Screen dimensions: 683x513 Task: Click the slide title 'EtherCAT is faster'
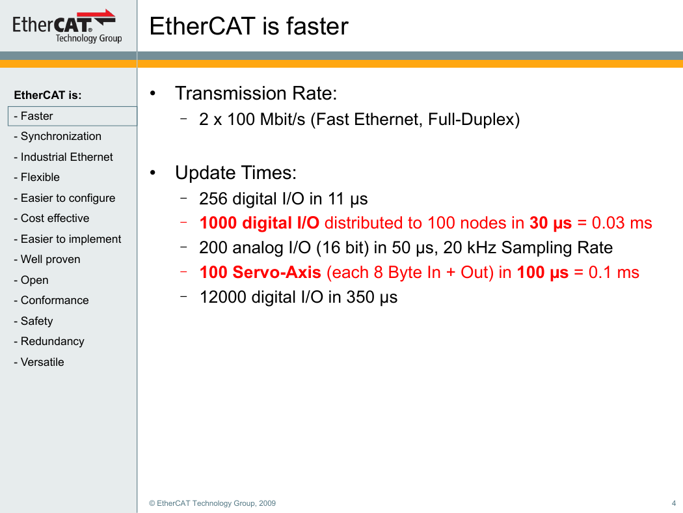pos(248,26)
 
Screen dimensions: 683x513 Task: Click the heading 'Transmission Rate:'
pos(256,93)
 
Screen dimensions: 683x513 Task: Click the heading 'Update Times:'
pos(235,173)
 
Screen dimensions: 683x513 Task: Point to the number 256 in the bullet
pos(213,199)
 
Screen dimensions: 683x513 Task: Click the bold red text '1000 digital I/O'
pos(259,223)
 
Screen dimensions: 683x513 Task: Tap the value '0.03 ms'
pos(622,223)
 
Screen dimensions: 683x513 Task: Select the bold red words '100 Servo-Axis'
pos(260,272)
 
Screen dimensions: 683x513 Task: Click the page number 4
pos(674,503)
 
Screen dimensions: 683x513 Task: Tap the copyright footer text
pos(212,503)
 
